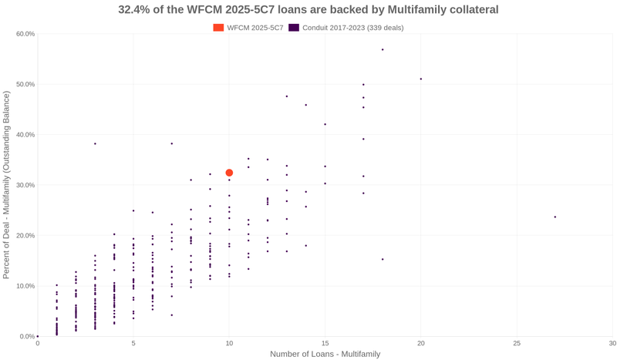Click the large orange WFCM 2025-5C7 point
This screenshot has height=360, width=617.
229,173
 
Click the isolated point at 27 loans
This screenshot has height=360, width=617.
555,217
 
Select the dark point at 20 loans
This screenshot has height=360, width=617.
420,79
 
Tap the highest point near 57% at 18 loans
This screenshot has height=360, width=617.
383,49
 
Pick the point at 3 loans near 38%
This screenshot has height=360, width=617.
95,143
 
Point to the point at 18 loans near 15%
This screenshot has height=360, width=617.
383,259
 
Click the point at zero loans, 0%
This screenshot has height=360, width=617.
38,336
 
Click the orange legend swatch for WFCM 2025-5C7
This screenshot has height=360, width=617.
218,28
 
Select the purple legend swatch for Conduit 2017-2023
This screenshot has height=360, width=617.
294,28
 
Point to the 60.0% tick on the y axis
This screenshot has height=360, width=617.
25,34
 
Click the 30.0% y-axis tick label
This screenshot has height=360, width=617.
25,185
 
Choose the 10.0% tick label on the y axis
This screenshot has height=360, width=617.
25,286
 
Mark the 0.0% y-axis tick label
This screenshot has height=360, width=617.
27,337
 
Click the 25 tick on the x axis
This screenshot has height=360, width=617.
517,343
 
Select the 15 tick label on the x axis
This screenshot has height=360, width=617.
325,343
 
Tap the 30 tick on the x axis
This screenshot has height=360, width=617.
612,343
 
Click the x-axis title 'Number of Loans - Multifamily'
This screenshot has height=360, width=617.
325,354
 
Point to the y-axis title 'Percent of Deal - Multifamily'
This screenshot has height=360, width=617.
7,184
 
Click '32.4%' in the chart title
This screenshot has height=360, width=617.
136,10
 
